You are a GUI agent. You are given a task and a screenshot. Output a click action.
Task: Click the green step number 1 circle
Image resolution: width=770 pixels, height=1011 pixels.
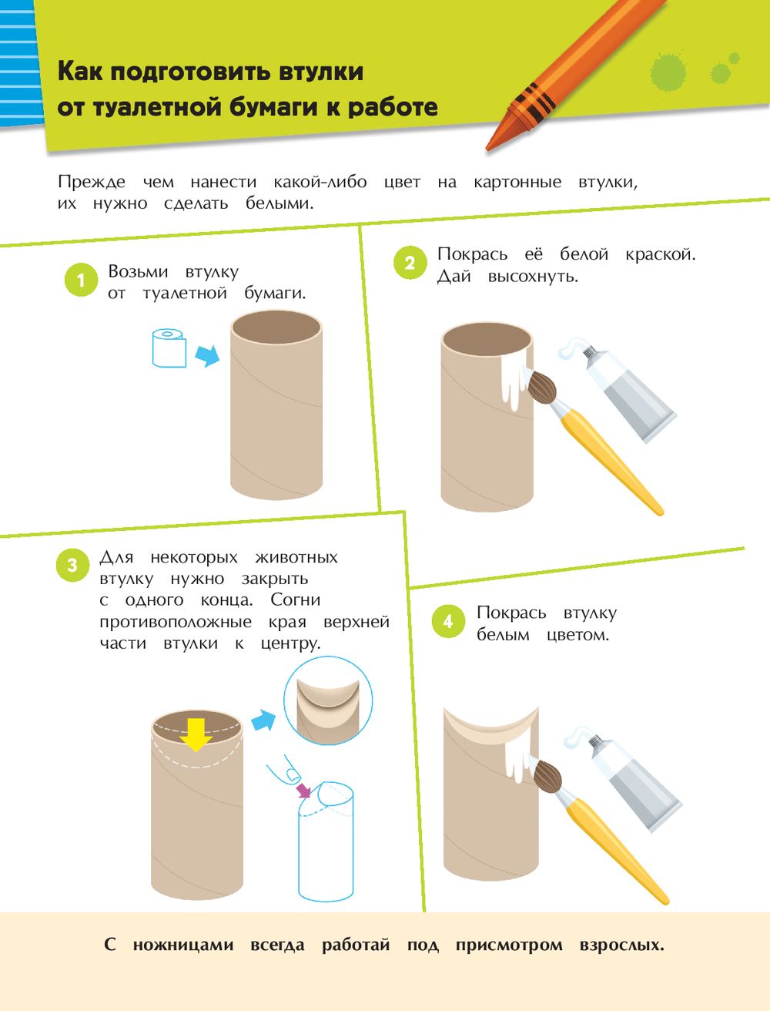coord(81,280)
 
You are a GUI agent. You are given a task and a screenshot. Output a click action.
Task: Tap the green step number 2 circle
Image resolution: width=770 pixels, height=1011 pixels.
coord(410,263)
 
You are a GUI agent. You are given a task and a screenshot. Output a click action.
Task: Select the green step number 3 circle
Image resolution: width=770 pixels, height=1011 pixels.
coord(72,565)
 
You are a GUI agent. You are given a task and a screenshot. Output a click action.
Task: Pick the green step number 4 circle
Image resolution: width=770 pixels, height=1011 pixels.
coord(448,621)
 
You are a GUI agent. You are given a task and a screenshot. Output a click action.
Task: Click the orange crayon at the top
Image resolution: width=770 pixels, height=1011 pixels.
coord(575,76)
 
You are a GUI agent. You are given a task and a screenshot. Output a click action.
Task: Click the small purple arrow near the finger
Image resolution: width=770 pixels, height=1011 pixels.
coord(303,790)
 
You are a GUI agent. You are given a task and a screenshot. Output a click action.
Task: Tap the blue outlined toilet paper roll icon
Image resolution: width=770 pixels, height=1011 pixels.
coord(169,348)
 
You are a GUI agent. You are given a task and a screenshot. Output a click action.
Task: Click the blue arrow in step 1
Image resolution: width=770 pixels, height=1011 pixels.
coord(208,355)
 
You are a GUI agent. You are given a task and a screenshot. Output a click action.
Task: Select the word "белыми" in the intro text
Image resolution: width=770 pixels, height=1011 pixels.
coord(280,203)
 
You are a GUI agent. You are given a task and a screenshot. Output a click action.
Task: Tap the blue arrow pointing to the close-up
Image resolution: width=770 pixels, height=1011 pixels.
coord(263,720)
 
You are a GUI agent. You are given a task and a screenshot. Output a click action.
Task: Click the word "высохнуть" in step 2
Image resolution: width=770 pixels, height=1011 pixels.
coord(533,277)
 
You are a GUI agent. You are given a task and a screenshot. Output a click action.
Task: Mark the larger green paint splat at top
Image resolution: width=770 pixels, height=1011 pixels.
coord(668,72)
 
